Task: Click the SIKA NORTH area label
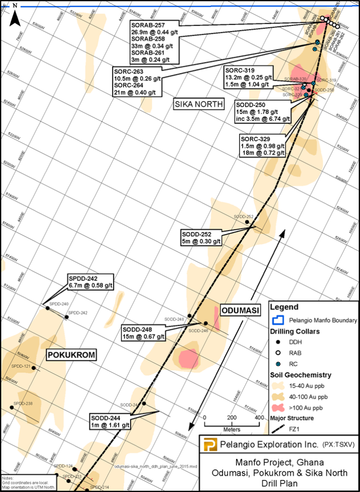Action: pos(199,104)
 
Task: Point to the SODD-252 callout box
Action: pos(201,237)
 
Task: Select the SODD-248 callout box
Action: pos(144,333)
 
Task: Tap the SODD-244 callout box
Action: pos(110,421)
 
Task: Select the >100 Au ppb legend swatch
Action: pos(278,408)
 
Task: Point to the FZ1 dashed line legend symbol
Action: pos(278,429)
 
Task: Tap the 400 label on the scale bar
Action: pos(260,417)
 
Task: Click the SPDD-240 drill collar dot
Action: pos(48,308)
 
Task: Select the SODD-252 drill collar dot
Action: pos(248,222)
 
